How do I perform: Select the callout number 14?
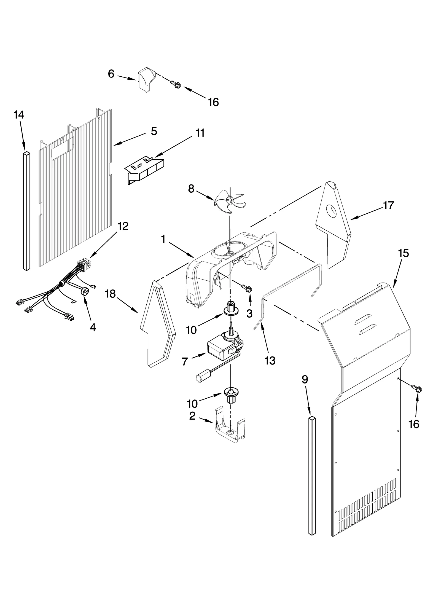[19, 115]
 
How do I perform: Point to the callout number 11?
[200, 133]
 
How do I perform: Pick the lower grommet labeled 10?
[231, 394]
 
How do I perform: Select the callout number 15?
[404, 253]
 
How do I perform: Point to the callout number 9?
[305, 380]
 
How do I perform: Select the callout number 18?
[110, 294]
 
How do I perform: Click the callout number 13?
[270, 360]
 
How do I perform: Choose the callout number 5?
[154, 131]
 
